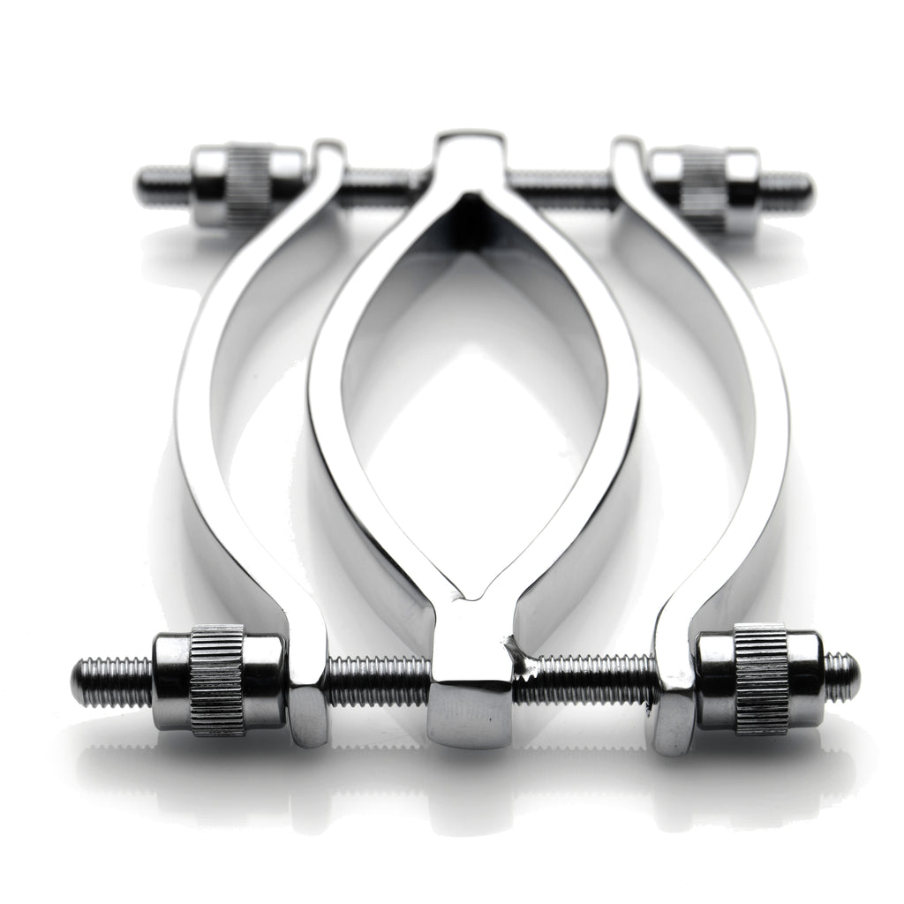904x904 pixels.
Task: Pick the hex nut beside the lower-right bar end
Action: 669,719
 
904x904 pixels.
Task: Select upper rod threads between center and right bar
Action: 561,187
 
